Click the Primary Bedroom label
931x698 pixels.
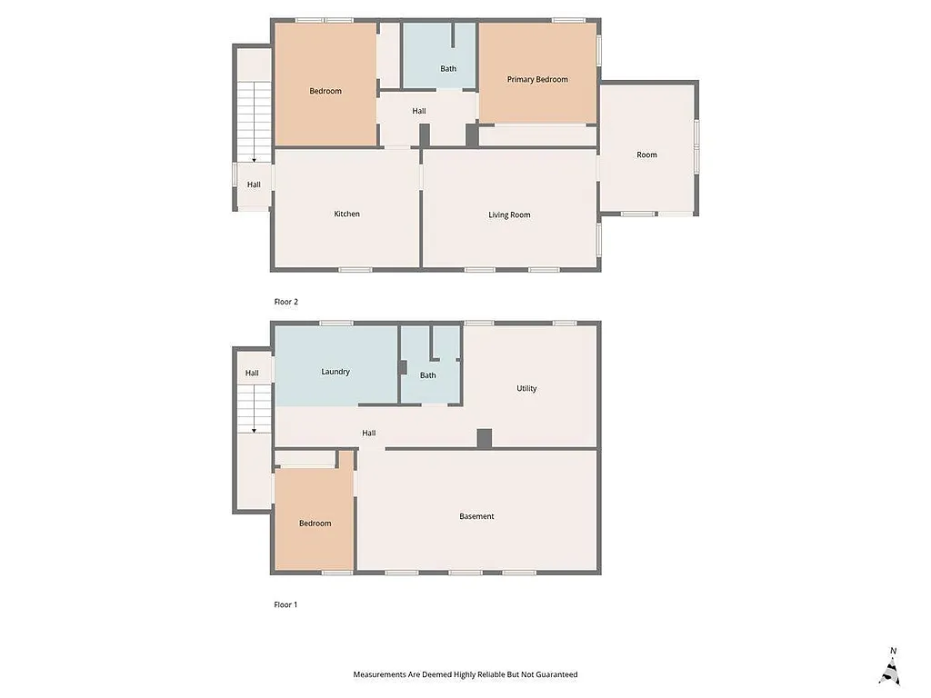coord(537,80)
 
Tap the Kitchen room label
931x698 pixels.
coord(346,214)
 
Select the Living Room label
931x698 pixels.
coord(509,215)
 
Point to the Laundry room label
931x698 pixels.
coord(335,372)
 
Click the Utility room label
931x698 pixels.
coord(526,389)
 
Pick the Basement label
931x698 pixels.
coord(476,517)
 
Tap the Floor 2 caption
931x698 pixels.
coord(286,302)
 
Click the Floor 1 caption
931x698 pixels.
coord(286,605)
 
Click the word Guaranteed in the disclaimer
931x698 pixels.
coord(556,675)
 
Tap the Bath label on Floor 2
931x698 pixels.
coord(448,69)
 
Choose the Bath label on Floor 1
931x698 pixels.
coord(427,375)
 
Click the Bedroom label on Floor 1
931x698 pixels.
coord(315,523)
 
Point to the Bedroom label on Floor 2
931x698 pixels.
coord(325,91)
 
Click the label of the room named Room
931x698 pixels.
coord(646,155)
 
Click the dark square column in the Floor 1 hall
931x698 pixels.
coord(485,438)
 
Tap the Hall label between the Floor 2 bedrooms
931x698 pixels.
coord(418,112)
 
